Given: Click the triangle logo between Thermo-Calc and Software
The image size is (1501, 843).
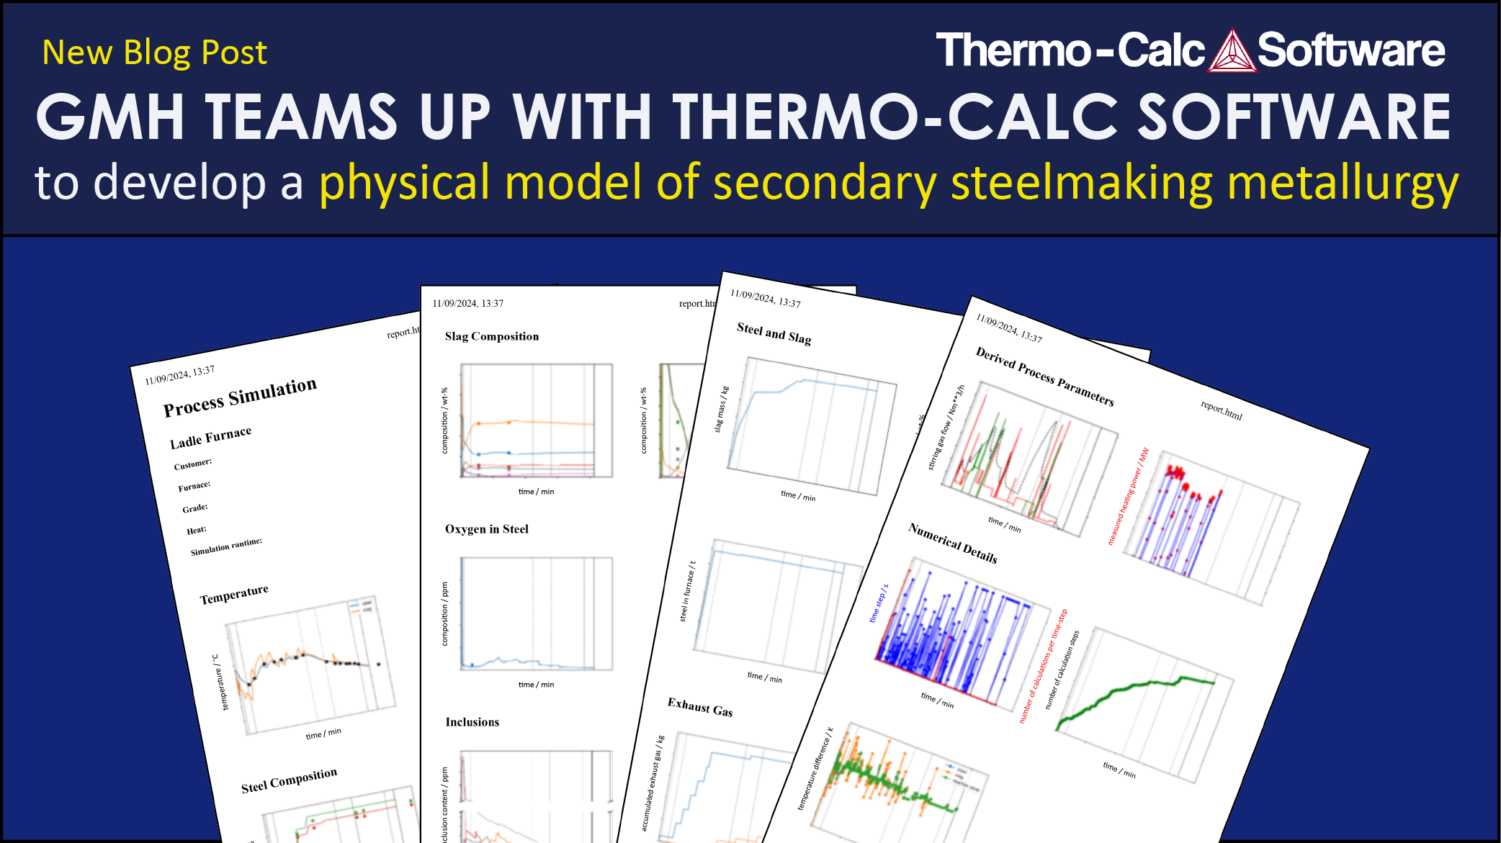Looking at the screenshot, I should tap(1232, 51).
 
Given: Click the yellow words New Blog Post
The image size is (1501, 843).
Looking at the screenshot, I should tap(154, 53).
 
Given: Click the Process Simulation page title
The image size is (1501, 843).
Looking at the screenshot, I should tap(240, 397).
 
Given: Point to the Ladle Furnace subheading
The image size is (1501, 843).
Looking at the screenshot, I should tap(210, 438).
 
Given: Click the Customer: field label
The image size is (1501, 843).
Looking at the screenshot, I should tap(193, 464).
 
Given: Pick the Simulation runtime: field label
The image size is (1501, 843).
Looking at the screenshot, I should tap(226, 546).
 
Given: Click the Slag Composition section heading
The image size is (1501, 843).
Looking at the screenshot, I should tap(492, 336).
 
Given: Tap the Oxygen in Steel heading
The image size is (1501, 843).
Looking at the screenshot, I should tap(487, 529).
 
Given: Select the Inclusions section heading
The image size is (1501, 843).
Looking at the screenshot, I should tap(472, 722).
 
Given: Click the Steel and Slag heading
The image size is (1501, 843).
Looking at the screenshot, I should tap(774, 333).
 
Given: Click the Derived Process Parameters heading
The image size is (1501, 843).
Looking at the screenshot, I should tap(1044, 376).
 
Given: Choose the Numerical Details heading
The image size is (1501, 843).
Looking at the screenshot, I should tap(953, 543).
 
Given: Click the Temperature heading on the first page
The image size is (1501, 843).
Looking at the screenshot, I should tap(234, 595).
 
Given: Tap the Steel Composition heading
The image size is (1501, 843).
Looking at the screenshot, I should tap(289, 780).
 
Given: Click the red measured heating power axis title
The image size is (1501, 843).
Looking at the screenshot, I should tap(1128, 497).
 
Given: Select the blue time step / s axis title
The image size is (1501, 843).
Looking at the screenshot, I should tap(878, 603).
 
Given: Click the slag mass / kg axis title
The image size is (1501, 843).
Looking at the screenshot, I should tap(721, 410).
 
